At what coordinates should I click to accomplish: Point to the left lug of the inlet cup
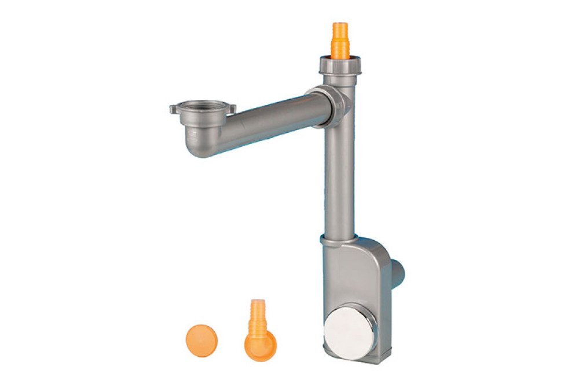[174, 108]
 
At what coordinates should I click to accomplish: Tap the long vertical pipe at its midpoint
[339, 174]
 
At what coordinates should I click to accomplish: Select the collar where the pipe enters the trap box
[339, 239]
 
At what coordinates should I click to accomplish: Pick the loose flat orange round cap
[200, 338]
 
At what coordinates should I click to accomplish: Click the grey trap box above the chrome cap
[353, 273]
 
